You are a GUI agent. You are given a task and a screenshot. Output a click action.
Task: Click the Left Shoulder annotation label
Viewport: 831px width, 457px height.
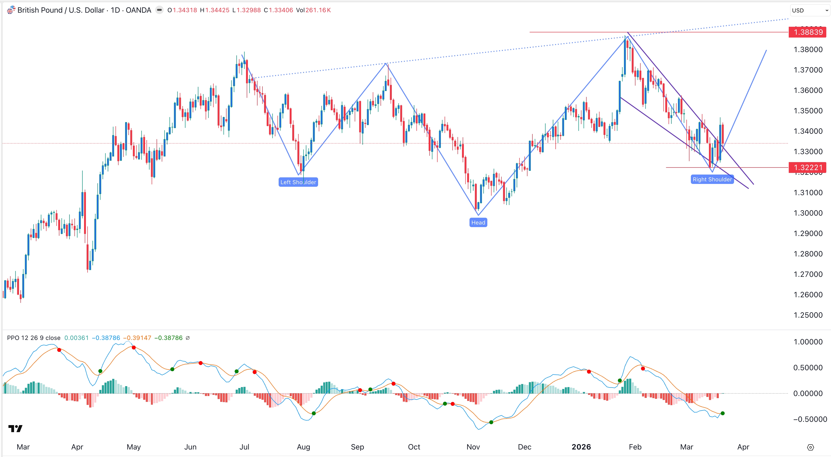click(298, 182)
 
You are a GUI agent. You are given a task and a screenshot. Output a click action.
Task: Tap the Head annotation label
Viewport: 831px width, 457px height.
click(478, 222)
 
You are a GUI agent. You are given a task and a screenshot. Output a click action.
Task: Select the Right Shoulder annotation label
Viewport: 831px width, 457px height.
click(712, 179)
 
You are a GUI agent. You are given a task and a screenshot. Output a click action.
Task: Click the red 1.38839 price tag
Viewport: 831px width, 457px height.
click(808, 32)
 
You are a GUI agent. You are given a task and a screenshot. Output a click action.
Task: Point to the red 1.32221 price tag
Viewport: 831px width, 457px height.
click(808, 168)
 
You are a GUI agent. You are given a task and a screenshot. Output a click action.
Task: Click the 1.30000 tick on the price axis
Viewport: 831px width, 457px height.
click(808, 213)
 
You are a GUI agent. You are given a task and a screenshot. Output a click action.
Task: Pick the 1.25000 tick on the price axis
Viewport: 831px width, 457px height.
click(808, 315)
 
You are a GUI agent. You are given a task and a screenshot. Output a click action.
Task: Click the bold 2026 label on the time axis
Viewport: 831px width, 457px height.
click(581, 447)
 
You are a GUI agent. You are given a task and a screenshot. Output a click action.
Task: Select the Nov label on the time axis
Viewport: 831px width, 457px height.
click(473, 447)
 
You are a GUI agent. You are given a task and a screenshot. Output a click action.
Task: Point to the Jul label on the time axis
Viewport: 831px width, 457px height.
click(244, 447)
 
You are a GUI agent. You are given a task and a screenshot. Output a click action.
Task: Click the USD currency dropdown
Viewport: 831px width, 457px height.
click(809, 10)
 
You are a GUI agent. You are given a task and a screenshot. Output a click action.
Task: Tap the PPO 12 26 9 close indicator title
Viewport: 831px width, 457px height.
click(34, 338)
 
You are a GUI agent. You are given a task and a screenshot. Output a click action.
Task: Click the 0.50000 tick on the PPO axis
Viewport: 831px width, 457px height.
click(808, 368)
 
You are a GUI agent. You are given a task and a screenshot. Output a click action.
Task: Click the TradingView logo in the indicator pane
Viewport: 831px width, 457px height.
click(15, 428)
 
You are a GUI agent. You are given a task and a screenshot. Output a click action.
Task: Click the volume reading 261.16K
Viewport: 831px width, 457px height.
click(318, 10)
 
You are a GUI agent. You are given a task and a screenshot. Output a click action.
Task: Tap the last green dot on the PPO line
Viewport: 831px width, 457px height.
click(723, 413)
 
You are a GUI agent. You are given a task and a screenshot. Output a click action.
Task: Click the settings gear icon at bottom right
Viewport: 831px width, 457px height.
click(810, 447)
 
